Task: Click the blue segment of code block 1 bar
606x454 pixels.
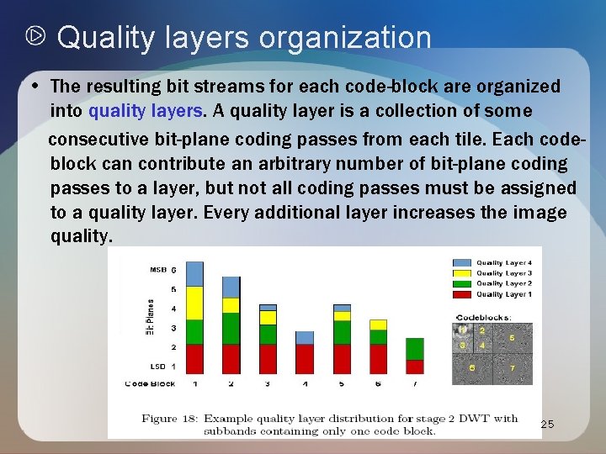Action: [194, 273]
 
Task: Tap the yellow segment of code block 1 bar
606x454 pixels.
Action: [194, 303]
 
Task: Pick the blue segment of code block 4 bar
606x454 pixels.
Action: [306, 337]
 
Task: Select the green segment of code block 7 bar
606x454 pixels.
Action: [415, 349]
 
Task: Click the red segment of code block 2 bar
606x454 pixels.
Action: [231, 358]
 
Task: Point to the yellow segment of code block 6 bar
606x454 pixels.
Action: [378, 325]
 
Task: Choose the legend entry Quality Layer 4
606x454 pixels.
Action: [503, 263]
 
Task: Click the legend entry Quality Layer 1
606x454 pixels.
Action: [503, 294]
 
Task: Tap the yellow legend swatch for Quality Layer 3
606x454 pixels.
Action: [463, 273]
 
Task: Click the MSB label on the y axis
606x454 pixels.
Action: [157, 270]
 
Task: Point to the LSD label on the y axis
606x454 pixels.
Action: [157, 367]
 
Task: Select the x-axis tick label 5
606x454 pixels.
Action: [342, 383]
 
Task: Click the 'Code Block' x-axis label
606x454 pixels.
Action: [150, 383]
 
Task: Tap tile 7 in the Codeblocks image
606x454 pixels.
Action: [512, 367]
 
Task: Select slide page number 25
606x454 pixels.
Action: [547, 425]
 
